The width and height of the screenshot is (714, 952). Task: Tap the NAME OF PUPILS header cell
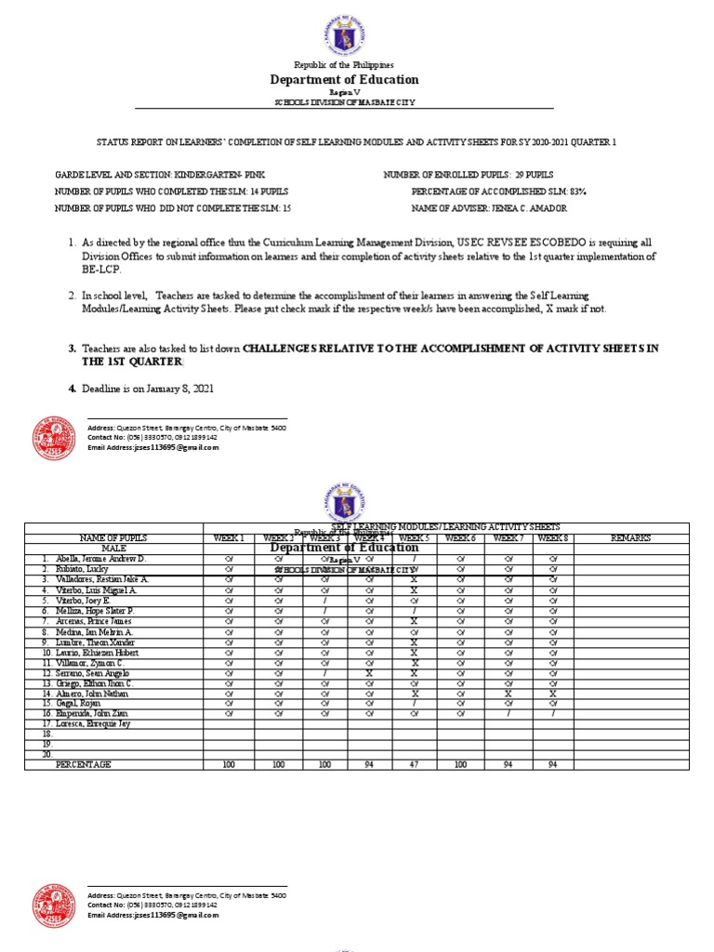click(x=112, y=537)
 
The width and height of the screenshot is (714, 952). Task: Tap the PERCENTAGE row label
click(x=84, y=763)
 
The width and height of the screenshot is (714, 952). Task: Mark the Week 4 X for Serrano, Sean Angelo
click(x=369, y=672)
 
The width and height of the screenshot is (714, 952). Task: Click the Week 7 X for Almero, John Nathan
click(x=508, y=693)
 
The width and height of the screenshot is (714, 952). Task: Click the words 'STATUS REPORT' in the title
click(x=126, y=141)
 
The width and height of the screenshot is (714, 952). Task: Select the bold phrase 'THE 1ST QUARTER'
click(x=125, y=362)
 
